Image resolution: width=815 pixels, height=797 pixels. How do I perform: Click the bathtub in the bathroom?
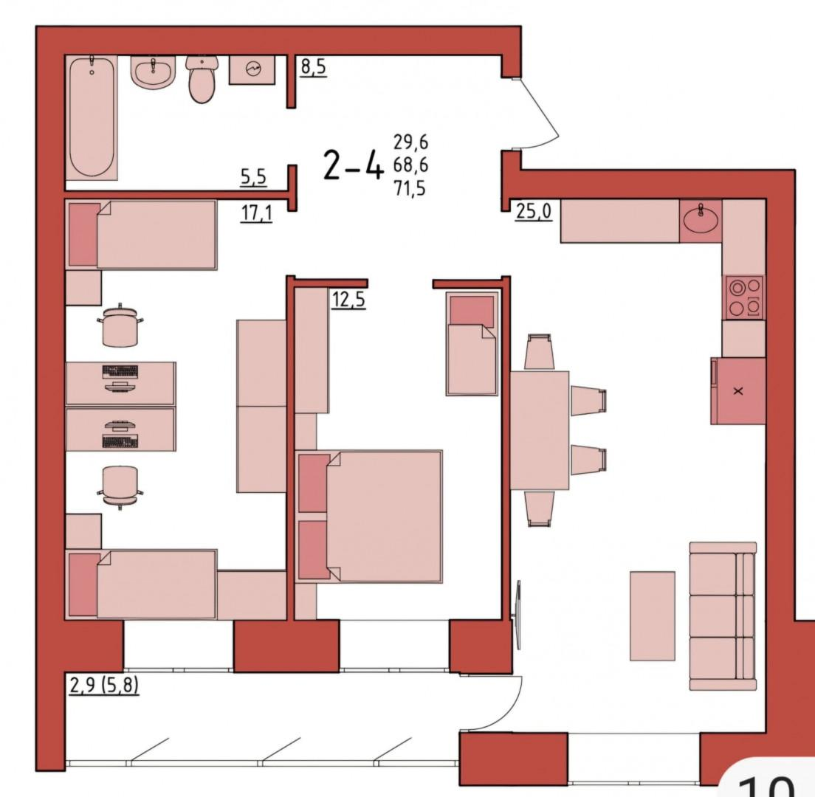click(92, 118)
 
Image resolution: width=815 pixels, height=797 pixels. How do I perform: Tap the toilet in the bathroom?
click(201, 80)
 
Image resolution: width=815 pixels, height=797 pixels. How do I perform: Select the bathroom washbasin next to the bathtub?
click(152, 72)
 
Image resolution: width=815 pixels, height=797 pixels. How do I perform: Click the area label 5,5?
click(253, 177)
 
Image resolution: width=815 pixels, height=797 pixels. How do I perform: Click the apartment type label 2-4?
click(354, 167)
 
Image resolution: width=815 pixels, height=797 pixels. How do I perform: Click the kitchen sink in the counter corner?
click(701, 220)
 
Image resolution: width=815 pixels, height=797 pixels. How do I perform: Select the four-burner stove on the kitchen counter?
click(743, 297)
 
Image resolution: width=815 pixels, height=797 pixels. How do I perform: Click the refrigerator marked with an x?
click(738, 391)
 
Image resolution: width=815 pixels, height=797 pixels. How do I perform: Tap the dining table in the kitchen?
click(540, 430)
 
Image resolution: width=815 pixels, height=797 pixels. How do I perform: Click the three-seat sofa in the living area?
click(723, 616)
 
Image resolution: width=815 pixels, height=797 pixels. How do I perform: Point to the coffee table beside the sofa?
click(652, 616)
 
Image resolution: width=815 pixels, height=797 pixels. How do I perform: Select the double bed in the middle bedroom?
click(369, 517)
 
